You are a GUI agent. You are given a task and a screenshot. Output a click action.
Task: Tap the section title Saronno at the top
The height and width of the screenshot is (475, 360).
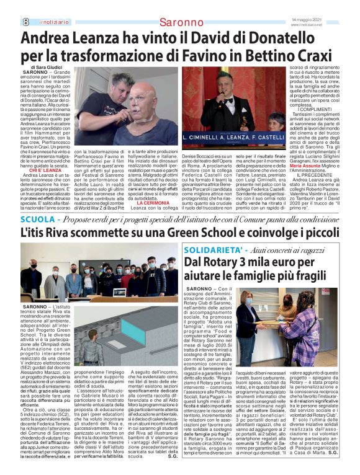(179, 22)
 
